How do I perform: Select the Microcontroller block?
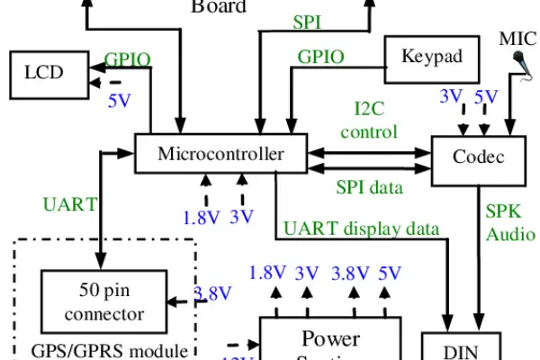pos(220,153)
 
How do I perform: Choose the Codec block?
pos(479,157)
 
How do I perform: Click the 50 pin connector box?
pos(104,302)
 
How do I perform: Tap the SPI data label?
pos(369,188)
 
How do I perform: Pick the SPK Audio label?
pos(509,221)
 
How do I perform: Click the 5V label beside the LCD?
pos(119,101)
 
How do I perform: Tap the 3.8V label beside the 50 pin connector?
pos(213,292)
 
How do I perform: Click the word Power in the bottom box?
pos(330,339)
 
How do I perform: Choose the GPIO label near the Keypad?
pos(321,56)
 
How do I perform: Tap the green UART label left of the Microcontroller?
pos(69,203)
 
